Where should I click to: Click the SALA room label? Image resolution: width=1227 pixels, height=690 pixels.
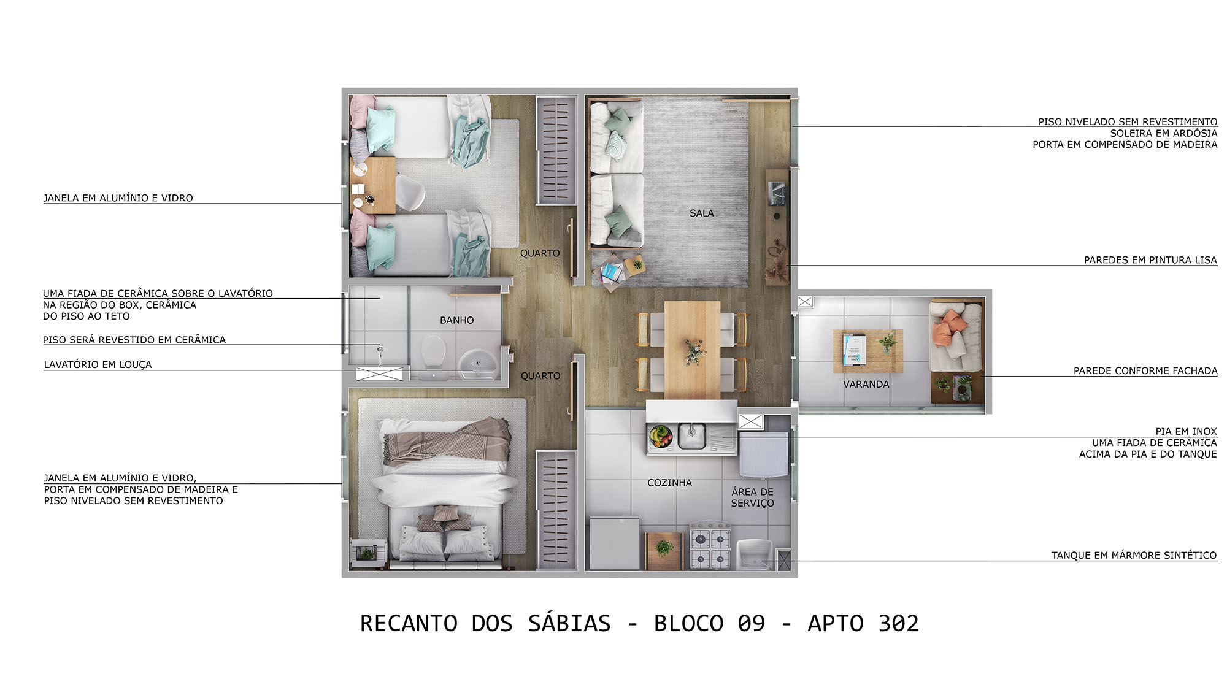[701, 213]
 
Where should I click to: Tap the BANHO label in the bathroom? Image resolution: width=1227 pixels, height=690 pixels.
[456, 320]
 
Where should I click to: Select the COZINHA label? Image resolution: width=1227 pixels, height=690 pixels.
[669, 483]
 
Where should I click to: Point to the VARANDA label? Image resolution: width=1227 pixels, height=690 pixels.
[866, 385]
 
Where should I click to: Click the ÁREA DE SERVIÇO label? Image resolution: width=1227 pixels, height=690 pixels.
[752, 497]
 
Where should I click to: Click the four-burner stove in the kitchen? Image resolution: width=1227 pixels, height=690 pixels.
[710, 545]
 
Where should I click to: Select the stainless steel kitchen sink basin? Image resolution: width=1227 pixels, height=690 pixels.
[692, 435]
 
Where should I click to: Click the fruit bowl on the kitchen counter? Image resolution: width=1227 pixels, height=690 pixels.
[661, 436]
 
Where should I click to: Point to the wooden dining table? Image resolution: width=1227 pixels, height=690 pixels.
[693, 350]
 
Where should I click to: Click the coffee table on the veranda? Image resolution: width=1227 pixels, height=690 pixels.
[867, 351]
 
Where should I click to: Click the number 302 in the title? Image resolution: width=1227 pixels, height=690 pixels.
[898, 624]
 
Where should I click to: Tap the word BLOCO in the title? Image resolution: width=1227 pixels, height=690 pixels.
[689, 624]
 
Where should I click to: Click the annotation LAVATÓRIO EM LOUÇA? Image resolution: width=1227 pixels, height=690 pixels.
[98, 364]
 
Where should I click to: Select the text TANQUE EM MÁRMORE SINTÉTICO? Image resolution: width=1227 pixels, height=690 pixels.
[1134, 555]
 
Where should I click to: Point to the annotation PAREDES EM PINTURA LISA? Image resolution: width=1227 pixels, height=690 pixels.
[1150, 260]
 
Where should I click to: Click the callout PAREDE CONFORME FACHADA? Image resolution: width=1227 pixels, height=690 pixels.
[1145, 370]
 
